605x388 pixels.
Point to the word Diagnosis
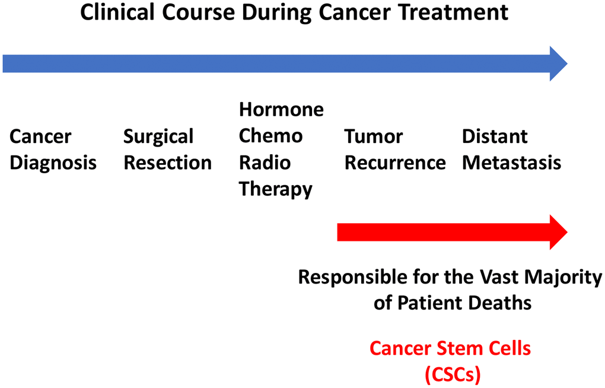[x=53, y=163]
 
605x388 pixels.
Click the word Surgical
[x=158, y=137]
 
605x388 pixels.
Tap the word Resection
[x=167, y=163]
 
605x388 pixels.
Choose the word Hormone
[x=281, y=109]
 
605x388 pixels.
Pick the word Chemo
[x=271, y=136]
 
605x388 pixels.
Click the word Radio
[x=265, y=163]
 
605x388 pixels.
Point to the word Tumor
[x=374, y=136]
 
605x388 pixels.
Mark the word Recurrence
[x=395, y=163]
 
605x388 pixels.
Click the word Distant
[x=495, y=136]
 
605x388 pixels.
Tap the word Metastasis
[x=512, y=163]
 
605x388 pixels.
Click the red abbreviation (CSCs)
[x=453, y=374]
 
